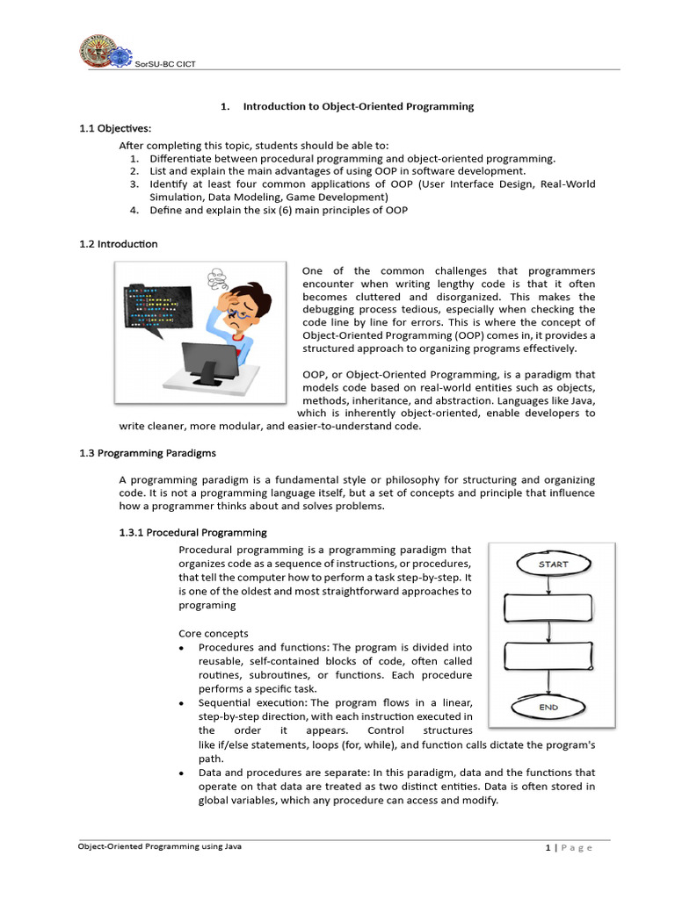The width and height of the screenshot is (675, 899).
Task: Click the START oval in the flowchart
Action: tap(554, 564)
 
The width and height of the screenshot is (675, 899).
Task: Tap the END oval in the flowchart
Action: tap(548, 707)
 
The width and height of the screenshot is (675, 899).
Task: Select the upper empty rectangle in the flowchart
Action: tap(548, 608)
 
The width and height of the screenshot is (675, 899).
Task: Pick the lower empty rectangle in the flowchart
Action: tap(548, 656)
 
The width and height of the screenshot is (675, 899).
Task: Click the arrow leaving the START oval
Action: tap(548, 585)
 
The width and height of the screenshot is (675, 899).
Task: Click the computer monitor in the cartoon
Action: tap(210, 363)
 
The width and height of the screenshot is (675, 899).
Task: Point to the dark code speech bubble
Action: tap(156, 310)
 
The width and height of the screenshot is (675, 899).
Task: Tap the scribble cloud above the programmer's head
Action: tap(218, 279)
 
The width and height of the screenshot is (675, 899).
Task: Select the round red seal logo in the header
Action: tap(97, 50)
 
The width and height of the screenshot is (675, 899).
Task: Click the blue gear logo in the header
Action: tap(120, 57)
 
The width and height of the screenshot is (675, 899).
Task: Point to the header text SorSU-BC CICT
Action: tap(165, 64)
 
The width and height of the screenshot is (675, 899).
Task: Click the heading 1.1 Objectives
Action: tap(115, 128)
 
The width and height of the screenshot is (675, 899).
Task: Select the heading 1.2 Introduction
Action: tap(119, 244)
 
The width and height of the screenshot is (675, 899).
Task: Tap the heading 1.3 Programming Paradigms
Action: tap(148, 454)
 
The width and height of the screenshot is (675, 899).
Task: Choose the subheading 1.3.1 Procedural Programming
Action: tap(192, 533)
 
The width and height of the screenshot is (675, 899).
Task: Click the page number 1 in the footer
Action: tap(548, 847)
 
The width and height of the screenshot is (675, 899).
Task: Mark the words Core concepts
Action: tap(214, 634)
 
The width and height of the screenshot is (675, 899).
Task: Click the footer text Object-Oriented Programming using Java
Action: tap(160, 846)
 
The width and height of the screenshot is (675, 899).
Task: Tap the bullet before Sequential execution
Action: tap(181, 703)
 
